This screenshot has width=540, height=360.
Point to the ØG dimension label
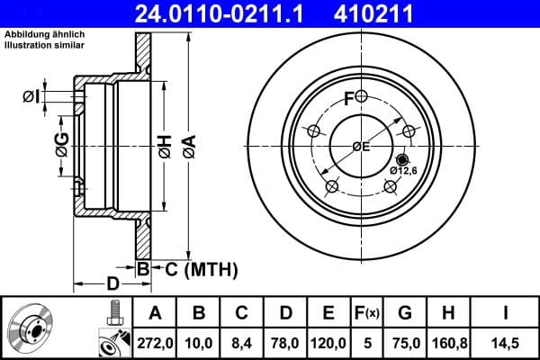(x=62, y=144)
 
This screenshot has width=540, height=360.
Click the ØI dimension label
(x=30, y=96)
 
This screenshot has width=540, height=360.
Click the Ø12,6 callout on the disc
(x=403, y=170)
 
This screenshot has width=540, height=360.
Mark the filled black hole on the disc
(x=400, y=158)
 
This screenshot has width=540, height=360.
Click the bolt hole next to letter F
(x=361, y=96)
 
